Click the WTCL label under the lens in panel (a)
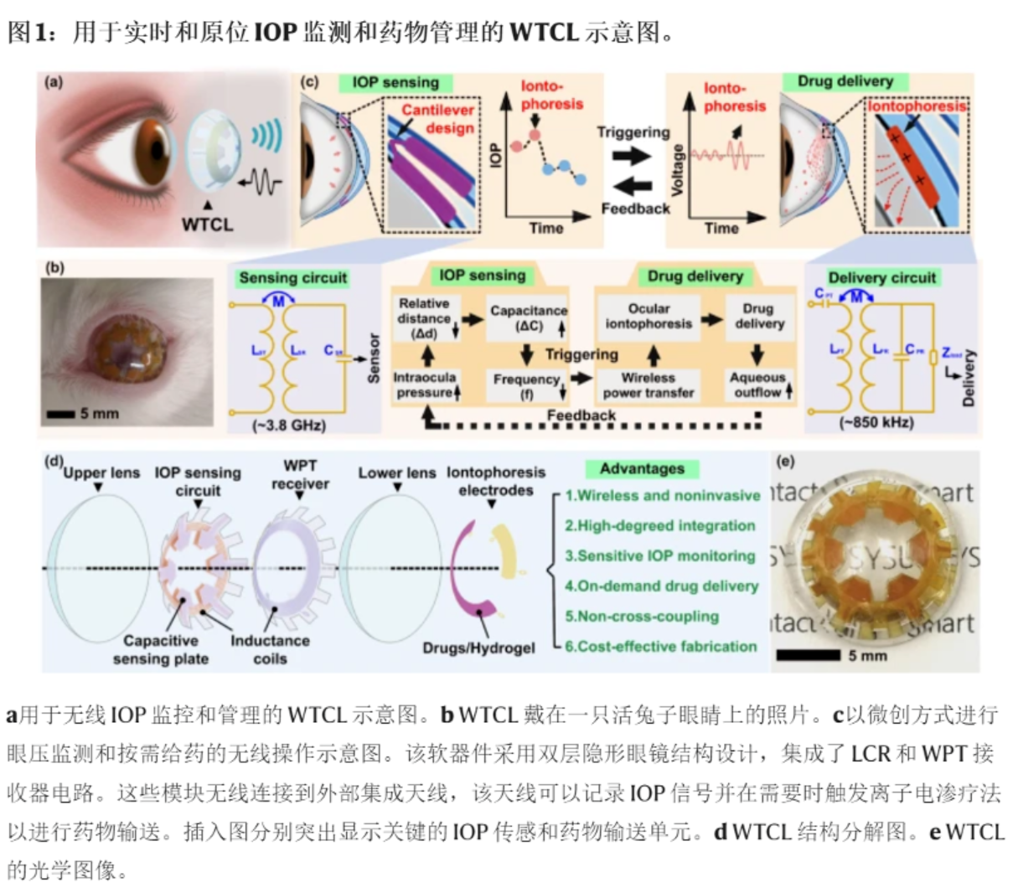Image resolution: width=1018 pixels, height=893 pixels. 207,224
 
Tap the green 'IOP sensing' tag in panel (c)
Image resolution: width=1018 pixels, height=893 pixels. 395,82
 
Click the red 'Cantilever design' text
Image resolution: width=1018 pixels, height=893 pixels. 437,118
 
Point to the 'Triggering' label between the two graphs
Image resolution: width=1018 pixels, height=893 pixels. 633,132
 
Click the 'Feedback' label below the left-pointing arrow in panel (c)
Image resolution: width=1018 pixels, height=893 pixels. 635,208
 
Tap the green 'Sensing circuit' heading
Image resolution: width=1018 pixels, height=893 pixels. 292,277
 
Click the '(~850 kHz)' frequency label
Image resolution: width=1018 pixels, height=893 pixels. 876,422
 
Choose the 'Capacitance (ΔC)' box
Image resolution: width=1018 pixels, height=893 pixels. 528,318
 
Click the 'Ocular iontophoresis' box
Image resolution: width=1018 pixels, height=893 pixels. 649,316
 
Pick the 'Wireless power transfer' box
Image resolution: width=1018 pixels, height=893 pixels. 649,385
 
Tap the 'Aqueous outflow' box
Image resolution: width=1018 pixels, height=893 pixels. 758,385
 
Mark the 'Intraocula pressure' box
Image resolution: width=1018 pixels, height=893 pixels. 425,385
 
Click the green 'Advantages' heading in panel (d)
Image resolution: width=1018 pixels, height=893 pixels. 642,468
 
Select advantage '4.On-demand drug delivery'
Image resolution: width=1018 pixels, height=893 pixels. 661,586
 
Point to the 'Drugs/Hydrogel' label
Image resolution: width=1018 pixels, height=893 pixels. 478,648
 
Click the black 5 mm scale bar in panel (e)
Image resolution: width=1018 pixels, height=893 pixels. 808,655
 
